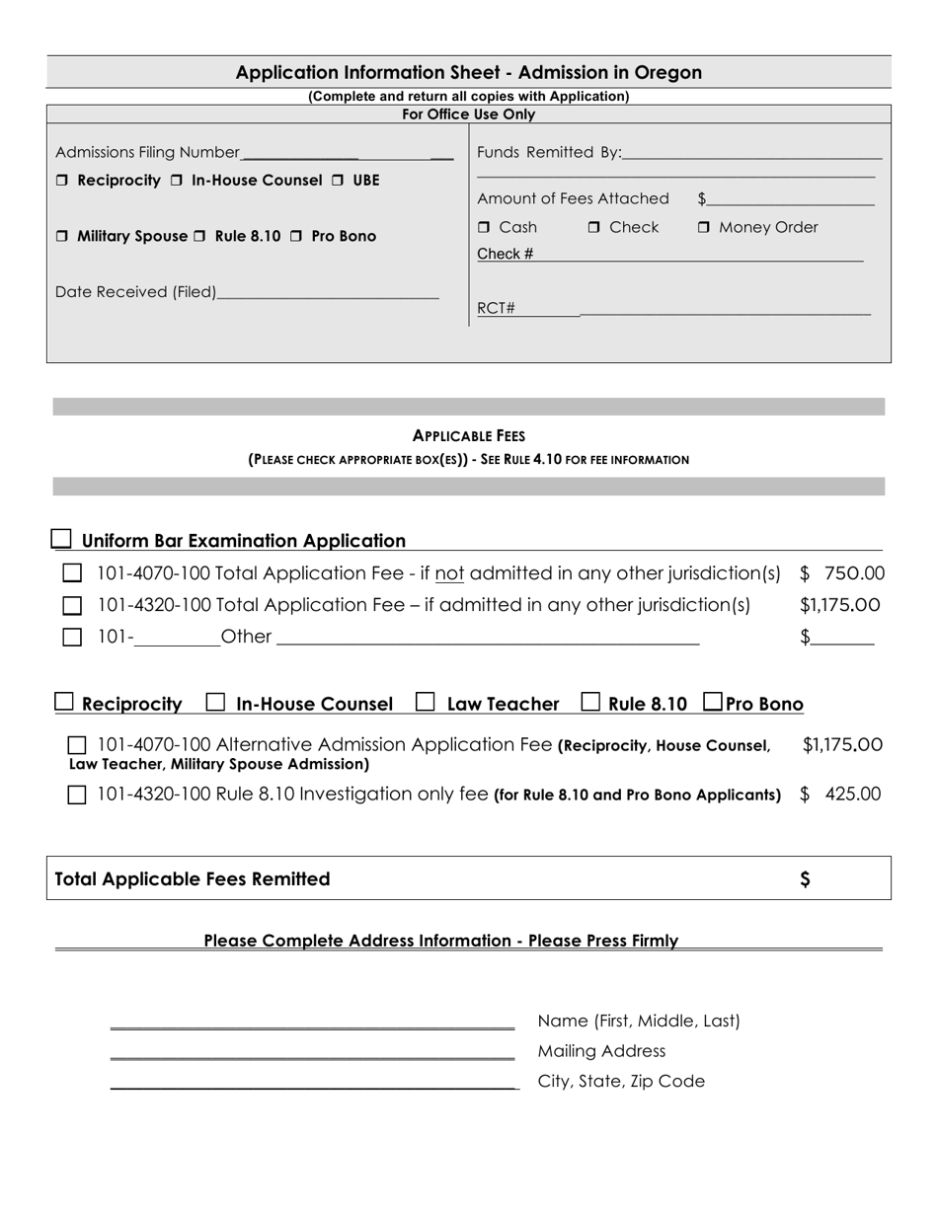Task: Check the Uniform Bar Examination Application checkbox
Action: pyautogui.click(x=61, y=539)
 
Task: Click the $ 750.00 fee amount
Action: pyautogui.click(x=842, y=573)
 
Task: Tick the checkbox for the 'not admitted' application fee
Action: pyautogui.click(x=72, y=573)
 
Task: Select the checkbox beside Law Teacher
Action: pyautogui.click(x=426, y=703)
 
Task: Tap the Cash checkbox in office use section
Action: pyautogui.click(x=484, y=228)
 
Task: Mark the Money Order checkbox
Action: pyautogui.click(x=704, y=228)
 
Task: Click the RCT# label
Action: pyautogui.click(x=496, y=308)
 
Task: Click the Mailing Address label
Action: pyautogui.click(x=601, y=1051)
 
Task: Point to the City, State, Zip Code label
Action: pyautogui.click(x=621, y=1081)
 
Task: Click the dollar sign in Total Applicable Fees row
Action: pyautogui.click(x=806, y=879)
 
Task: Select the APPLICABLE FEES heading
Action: pyautogui.click(x=468, y=435)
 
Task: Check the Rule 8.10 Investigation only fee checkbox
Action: pyautogui.click(x=77, y=796)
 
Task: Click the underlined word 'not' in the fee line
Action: pyautogui.click(x=449, y=573)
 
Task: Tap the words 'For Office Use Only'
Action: pyautogui.click(x=468, y=114)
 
